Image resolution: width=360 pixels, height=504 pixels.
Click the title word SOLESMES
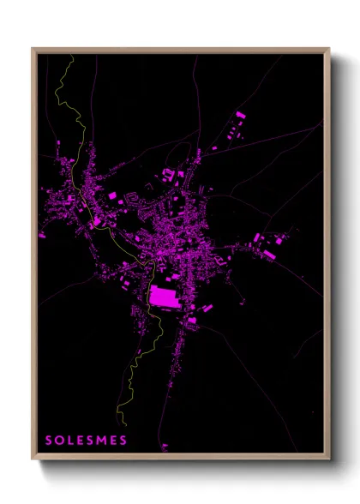pos(86,441)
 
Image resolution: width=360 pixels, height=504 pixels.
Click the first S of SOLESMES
pos(49,441)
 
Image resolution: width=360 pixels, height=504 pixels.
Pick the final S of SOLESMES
pos(123,441)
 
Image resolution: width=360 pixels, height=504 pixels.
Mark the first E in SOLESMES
pos(81,441)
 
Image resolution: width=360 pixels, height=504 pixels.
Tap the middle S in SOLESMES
pos(92,441)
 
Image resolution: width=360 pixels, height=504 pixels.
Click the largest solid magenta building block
pos(165,297)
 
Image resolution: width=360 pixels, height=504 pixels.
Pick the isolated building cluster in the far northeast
pos(241,115)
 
